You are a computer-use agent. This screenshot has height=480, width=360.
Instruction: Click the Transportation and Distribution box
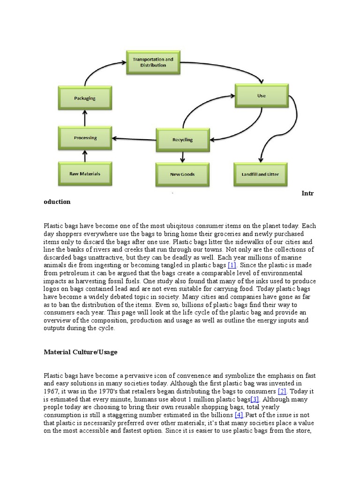[x=153, y=63]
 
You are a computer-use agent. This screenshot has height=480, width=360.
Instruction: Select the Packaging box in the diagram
[x=85, y=98]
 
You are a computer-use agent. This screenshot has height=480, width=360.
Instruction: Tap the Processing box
[x=85, y=138]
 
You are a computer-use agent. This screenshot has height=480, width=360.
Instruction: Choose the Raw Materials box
[x=85, y=174]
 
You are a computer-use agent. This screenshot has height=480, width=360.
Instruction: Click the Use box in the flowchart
[x=262, y=96]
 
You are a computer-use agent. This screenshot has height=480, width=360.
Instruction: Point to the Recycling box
[x=182, y=140]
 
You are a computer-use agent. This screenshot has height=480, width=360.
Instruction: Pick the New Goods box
[x=182, y=174]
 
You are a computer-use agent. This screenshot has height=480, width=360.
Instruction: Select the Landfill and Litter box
[x=260, y=174]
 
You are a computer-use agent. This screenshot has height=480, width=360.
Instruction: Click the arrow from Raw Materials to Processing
[x=85, y=156]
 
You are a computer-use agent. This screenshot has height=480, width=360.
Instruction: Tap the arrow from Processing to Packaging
[x=85, y=118]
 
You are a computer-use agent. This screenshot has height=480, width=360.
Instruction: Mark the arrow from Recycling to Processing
[x=134, y=138]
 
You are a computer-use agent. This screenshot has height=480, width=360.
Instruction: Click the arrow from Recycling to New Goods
[x=182, y=157]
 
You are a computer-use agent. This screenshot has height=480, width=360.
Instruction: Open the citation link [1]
[x=232, y=265]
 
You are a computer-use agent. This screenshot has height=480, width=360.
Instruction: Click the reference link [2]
[x=282, y=391]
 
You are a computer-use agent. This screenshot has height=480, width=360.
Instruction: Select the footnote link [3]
[x=255, y=399]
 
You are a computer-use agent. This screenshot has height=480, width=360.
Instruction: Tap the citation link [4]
[x=239, y=415]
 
